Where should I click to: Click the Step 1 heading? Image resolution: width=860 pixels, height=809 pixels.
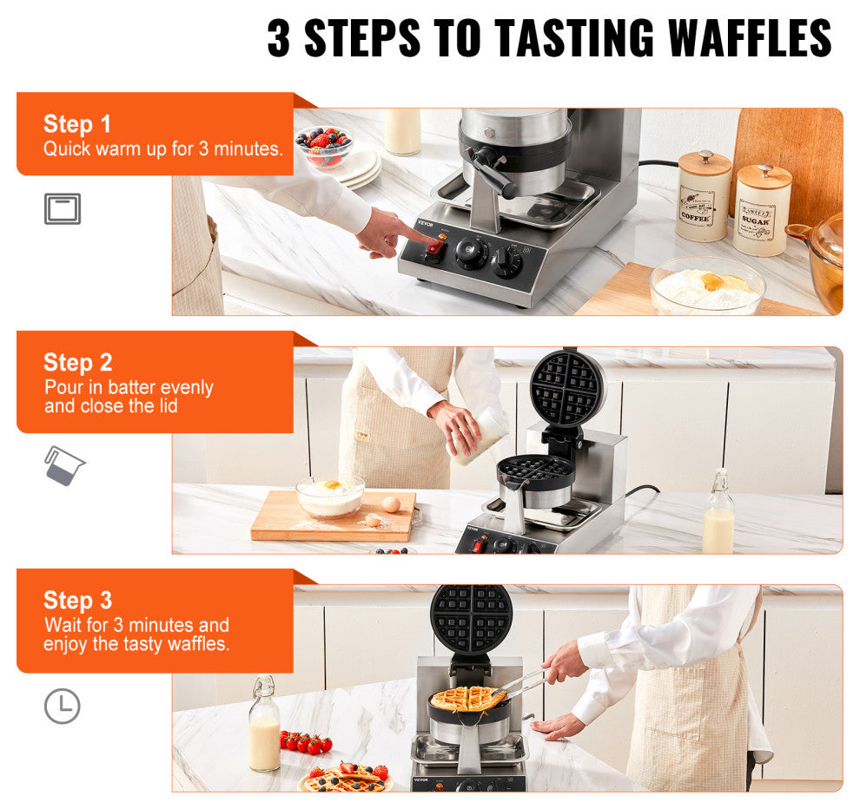77,124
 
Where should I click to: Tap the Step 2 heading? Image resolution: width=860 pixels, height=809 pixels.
77,363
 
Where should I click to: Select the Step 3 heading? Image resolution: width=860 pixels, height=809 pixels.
77,601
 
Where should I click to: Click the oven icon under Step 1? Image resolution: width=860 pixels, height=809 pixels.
62,209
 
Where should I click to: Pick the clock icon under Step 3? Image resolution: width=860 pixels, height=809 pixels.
62,707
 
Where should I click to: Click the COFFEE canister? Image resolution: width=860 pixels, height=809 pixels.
703,197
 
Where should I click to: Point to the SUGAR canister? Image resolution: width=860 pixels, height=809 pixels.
762,212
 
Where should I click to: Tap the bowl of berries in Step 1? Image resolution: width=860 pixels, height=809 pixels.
325,144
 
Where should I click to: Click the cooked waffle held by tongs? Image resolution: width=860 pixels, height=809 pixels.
467,698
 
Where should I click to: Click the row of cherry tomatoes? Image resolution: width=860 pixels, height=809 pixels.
306,743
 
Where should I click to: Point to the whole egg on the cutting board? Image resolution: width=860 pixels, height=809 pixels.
392,504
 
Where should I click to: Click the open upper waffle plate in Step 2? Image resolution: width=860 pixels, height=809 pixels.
567,388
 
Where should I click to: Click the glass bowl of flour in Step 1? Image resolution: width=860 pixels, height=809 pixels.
707,287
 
